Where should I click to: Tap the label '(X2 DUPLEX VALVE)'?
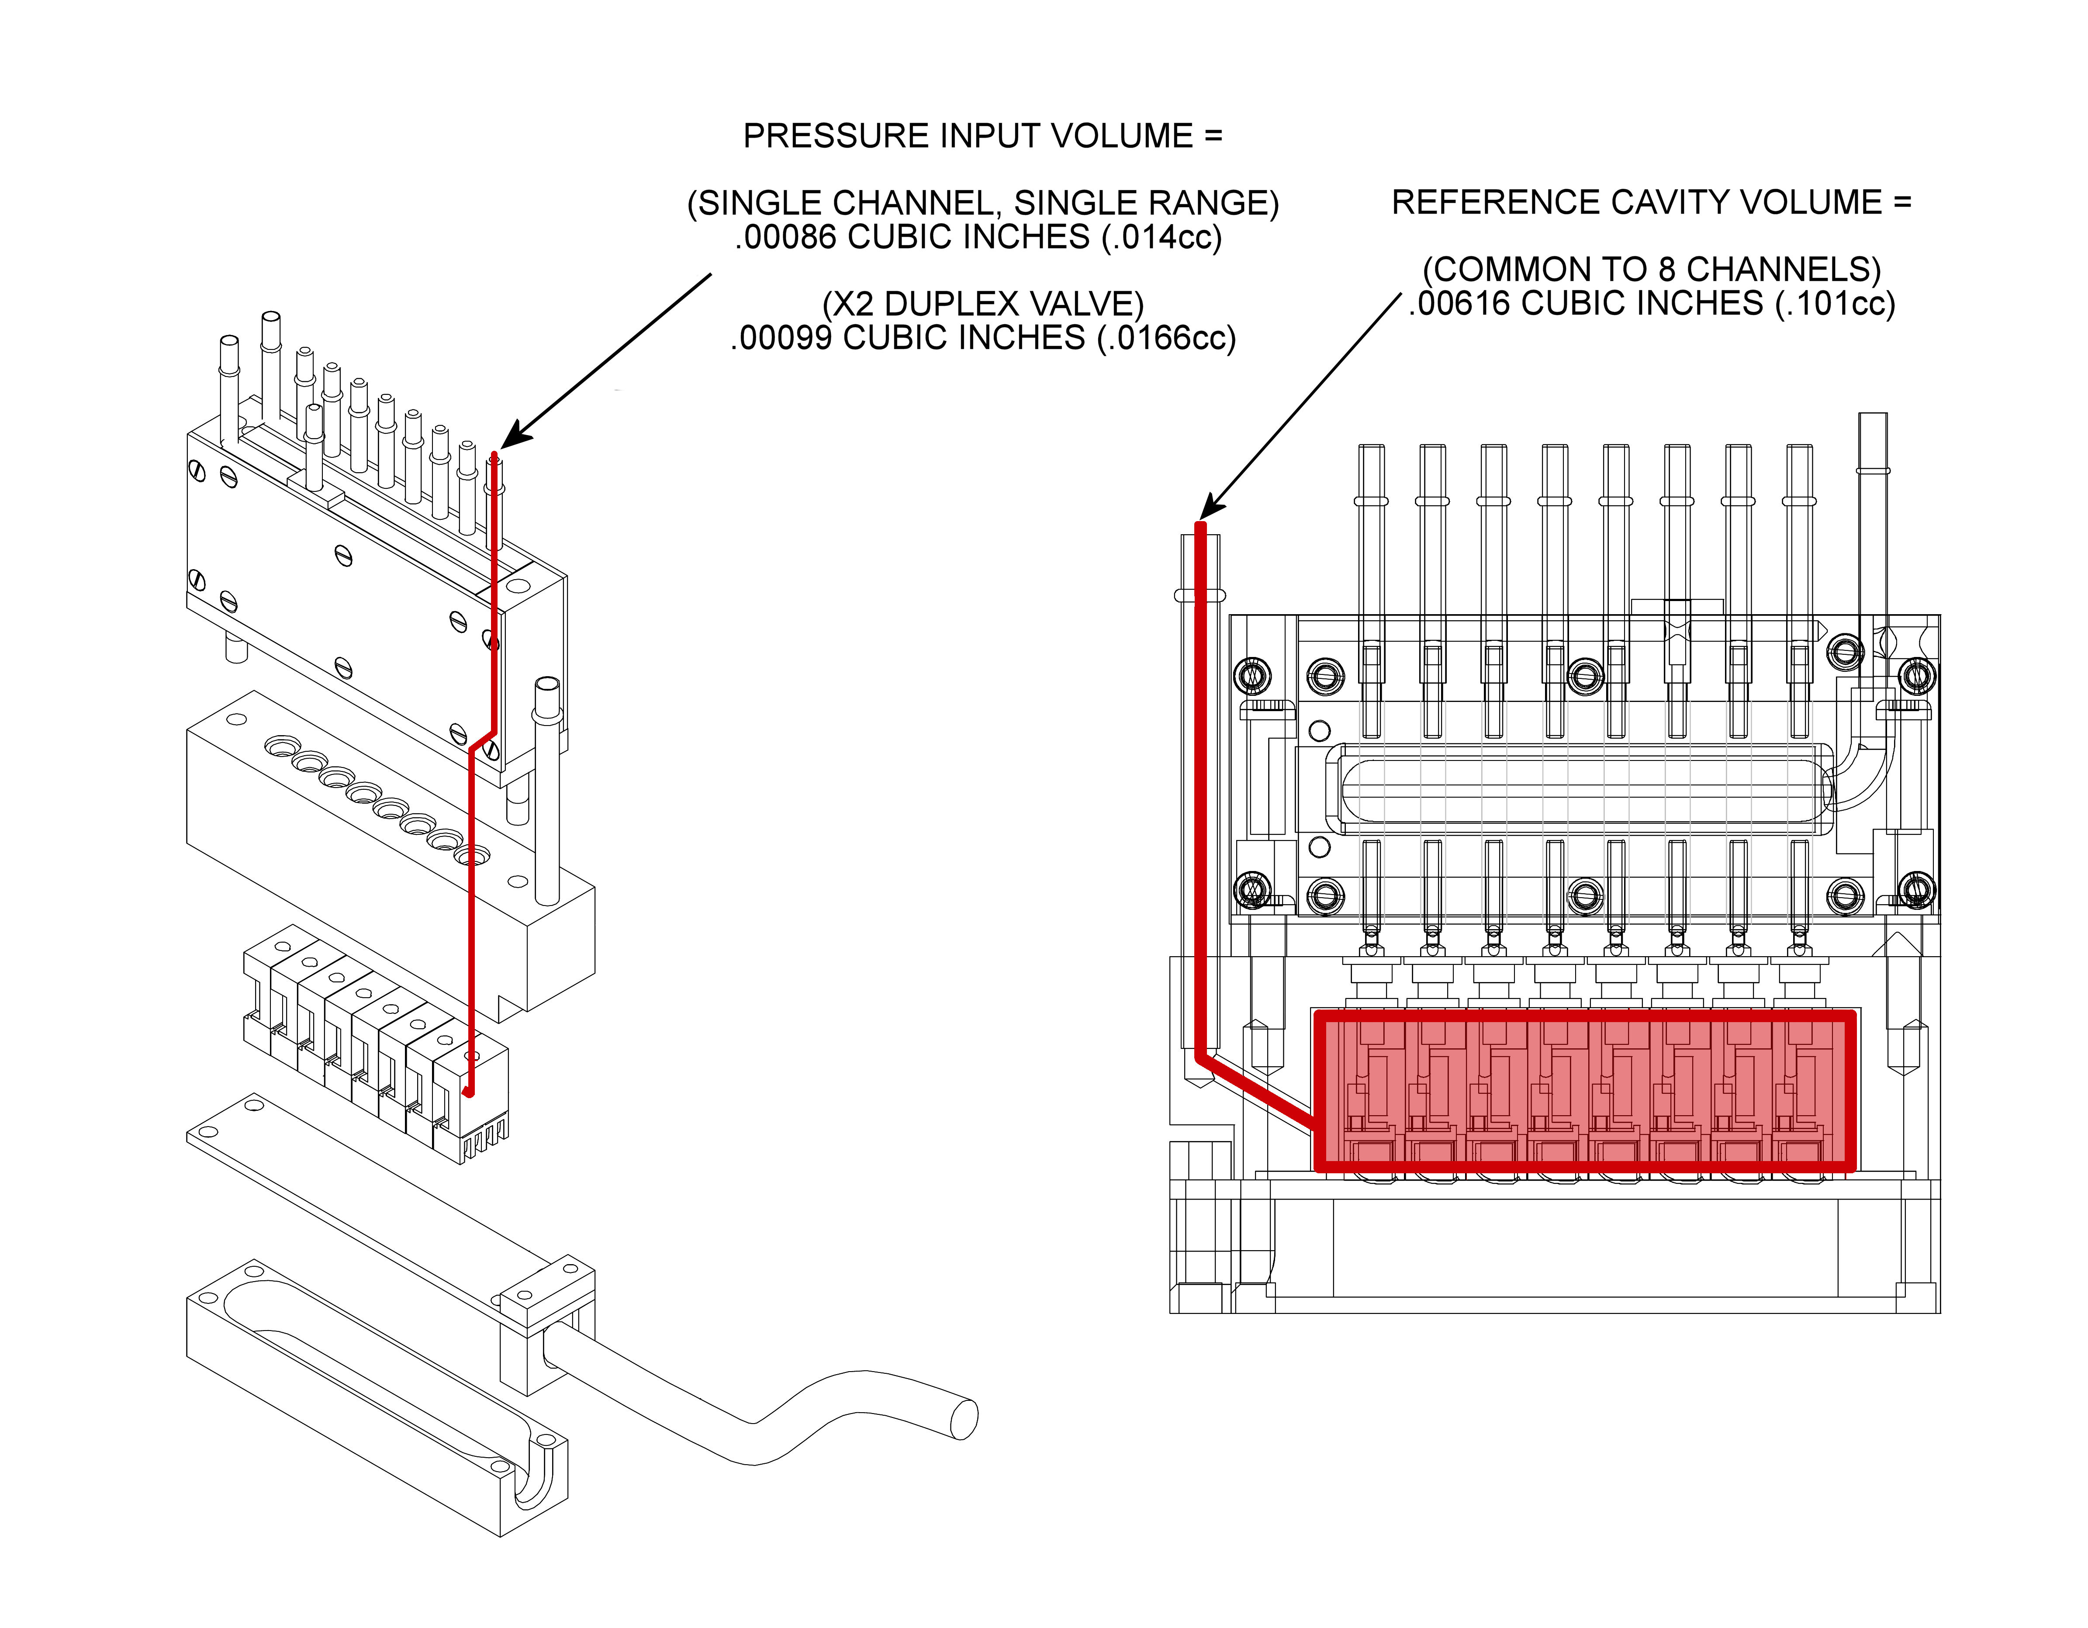pyautogui.click(x=983, y=304)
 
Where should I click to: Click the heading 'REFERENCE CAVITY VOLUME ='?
pyautogui.click(x=1651, y=203)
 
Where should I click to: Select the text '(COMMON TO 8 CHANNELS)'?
pyautogui.click(x=1651, y=270)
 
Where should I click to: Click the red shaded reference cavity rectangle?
pyautogui.click(x=1584, y=1091)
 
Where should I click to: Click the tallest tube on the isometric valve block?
pyautogui.click(x=270, y=368)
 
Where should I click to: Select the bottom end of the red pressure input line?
pyautogui.click(x=468, y=1092)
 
